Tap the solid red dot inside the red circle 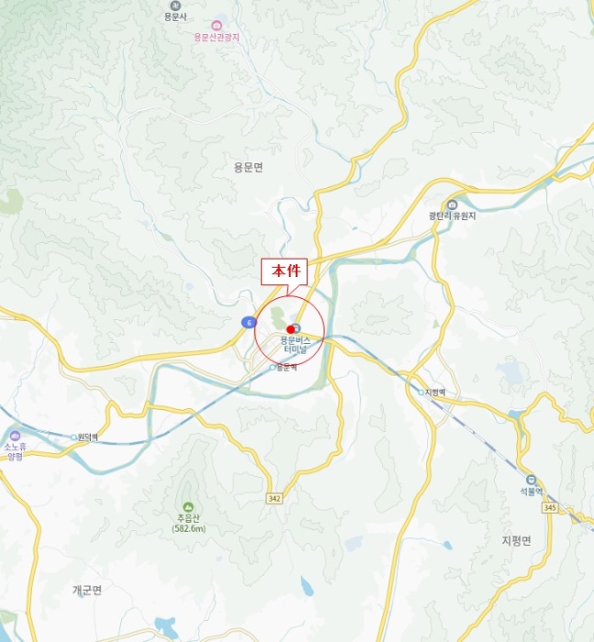(290, 329)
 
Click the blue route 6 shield (248, 322)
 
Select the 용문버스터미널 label (297, 344)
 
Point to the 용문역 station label (285, 368)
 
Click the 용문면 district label (248, 167)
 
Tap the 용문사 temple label (174, 17)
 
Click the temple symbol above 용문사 (174, 6)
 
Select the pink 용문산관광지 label (217, 37)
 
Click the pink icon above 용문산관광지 (217, 25)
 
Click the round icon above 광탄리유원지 (451, 205)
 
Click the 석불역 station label (530, 492)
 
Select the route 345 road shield (550, 507)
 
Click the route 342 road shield (275, 498)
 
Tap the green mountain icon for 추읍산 (187, 507)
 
